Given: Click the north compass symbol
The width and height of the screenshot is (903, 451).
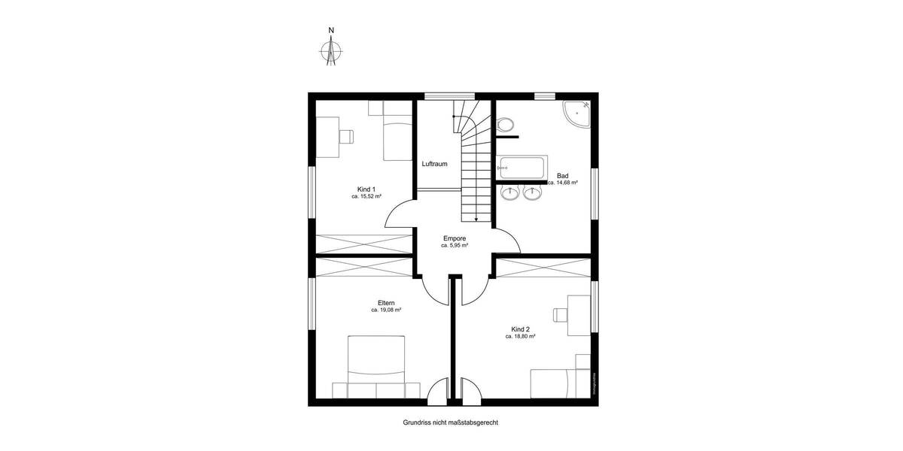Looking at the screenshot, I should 331,51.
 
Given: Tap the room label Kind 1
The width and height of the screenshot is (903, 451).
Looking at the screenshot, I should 366,189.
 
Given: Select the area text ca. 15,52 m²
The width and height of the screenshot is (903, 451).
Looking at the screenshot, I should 366,196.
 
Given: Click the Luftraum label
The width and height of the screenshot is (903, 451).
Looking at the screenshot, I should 435,164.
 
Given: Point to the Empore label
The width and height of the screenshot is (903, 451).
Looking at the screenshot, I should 455,238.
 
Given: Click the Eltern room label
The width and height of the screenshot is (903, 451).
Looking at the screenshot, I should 386,302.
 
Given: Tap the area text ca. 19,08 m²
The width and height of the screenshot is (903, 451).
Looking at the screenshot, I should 386,310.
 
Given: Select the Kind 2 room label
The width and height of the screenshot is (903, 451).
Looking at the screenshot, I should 520,329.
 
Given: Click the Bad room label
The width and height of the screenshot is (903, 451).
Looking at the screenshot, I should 562,175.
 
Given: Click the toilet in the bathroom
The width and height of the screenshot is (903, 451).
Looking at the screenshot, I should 505,123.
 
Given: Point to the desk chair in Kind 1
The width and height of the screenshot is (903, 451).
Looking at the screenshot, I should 346,136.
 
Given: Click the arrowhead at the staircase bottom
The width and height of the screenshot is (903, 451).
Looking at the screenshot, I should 476,219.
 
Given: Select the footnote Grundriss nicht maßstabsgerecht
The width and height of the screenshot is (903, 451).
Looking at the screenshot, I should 451,423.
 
